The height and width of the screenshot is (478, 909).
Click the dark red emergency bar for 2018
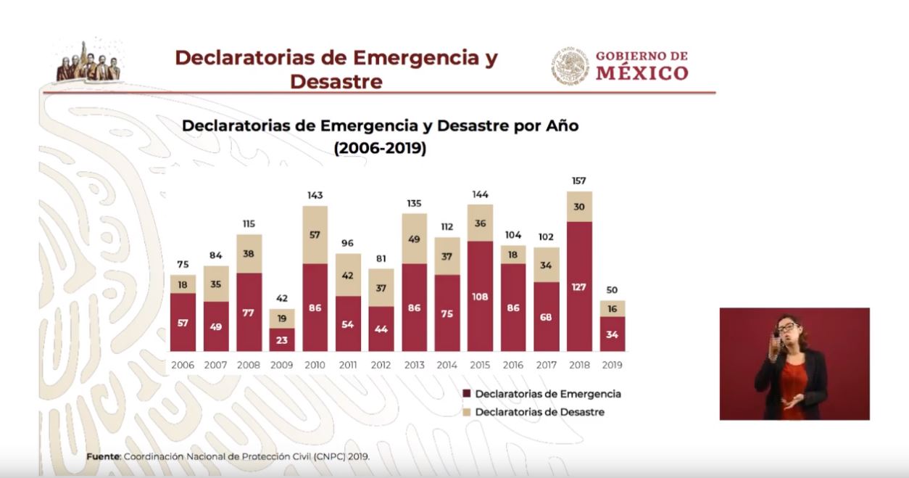click(579, 287)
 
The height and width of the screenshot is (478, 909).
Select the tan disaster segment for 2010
click(315, 234)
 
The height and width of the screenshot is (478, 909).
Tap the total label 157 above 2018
click(578, 181)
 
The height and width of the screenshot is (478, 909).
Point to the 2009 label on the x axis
click(281, 365)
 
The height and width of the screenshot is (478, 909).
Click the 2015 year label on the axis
click(480, 365)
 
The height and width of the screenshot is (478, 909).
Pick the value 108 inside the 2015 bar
click(480, 297)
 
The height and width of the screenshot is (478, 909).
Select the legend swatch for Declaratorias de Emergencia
click(467, 394)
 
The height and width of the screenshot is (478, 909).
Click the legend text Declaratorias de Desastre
click(539, 412)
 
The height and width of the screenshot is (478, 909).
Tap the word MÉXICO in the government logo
click(642, 73)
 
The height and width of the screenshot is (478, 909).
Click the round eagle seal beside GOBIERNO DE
click(570, 66)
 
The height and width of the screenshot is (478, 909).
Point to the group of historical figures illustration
click(88, 64)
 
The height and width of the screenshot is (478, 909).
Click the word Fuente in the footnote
click(102, 457)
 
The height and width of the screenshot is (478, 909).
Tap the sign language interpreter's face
click(787, 329)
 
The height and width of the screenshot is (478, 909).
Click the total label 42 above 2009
click(281, 298)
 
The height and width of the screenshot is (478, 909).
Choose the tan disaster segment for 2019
click(613, 308)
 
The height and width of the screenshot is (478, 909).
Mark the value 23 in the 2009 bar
click(281, 339)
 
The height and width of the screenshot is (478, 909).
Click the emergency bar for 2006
click(183, 323)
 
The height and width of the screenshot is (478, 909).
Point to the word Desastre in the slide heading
click(336, 81)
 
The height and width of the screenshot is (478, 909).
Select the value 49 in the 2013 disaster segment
click(414, 238)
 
